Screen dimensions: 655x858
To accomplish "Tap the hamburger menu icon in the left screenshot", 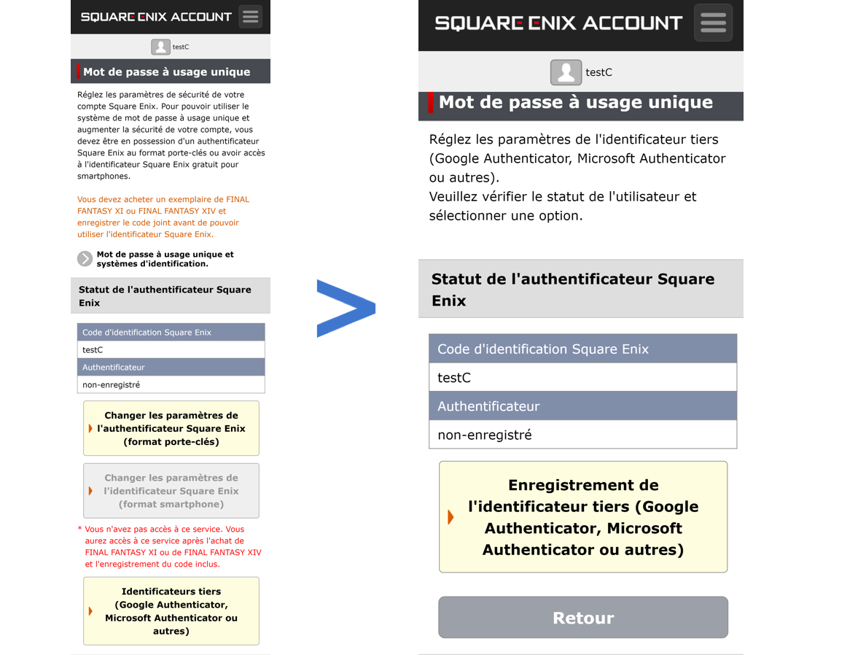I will click(251, 17).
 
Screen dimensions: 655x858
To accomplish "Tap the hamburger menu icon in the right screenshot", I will click(713, 23).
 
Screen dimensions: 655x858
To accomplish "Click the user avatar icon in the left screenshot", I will click(160, 47).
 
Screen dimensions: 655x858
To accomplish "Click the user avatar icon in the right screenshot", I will click(566, 72).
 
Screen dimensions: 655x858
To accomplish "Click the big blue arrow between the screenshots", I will click(346, 309).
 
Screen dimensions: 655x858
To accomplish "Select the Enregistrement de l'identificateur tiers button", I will click(583, 517).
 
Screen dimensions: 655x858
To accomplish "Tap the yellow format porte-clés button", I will click(171, 428).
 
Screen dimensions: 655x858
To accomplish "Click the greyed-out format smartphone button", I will click(171, 491).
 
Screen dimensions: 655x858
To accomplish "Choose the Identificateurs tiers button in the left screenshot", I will click(171, 611).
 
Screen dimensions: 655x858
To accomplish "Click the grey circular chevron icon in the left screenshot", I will click(85, 259).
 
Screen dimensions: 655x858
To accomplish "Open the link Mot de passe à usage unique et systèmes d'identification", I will click(165, 259).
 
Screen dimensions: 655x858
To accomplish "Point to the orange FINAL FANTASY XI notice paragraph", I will click(163, 217).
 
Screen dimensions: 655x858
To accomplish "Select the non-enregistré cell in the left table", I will click(171, 384).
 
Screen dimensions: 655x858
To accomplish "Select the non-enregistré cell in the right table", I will click(583, 435).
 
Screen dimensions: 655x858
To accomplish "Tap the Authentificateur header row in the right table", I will click(583, 406).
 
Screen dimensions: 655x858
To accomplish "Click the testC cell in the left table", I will click(171, 349).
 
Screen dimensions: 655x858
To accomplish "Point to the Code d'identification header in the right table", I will click(583, 349).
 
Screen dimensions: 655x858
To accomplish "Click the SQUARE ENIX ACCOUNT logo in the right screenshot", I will click(558, 23).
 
